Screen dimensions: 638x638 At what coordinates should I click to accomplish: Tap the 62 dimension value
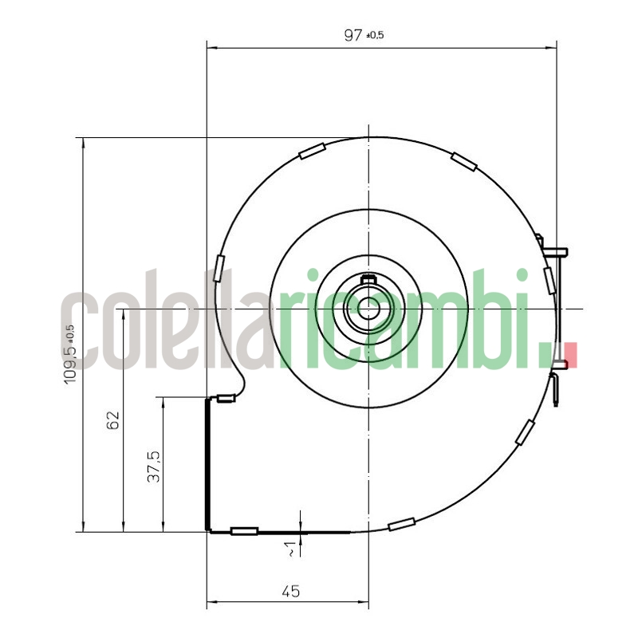click(112, 420)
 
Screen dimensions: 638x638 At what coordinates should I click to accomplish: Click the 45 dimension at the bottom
click(290, 591)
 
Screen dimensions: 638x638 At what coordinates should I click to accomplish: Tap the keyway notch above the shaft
click(368, 279)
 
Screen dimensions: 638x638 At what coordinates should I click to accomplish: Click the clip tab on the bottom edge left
click(244, 531)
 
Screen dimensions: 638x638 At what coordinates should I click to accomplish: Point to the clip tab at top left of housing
click(311, 151)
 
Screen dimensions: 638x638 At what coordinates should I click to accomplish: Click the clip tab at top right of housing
click(463, 160)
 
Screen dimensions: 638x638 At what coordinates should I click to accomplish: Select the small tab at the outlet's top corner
click(227, 400)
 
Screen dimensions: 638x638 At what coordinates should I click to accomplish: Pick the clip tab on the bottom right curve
click(401, 524)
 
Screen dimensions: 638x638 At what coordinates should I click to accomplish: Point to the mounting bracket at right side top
click(554, 250)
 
